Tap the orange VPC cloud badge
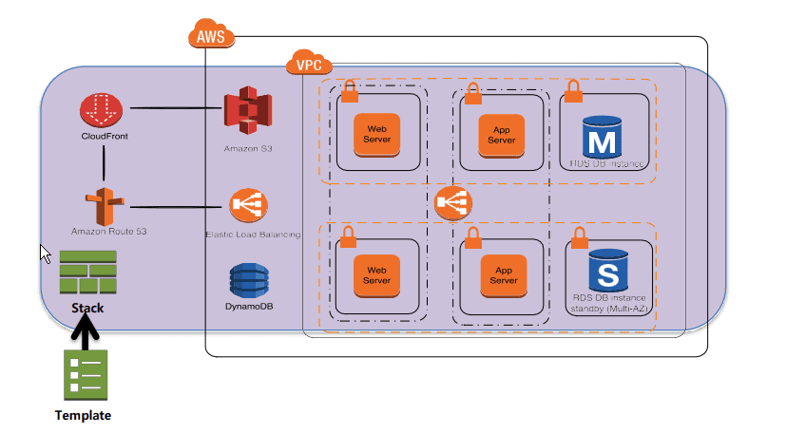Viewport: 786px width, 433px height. (x=305, y=66)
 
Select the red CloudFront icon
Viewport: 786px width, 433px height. (x=101, y=111)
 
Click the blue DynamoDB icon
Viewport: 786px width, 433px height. (x=248, y=282)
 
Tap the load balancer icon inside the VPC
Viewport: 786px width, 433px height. (x=453, y=202)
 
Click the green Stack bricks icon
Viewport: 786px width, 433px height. (x=87, y=274)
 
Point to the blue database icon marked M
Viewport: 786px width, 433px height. (x=601, y=138)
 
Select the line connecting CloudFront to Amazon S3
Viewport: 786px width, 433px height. (x=175, y=108)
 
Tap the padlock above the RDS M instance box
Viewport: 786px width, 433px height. (x=573, y=91)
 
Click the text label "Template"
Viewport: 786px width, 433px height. (x=83, y=416)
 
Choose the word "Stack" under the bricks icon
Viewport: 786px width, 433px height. (x=87, y=308)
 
